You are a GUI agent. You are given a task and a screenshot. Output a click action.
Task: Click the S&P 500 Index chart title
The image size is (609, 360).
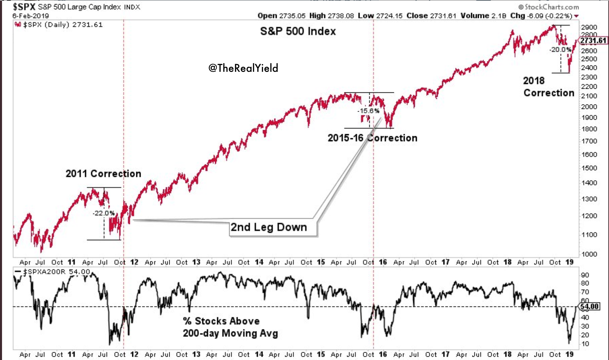pyautogui.click(x=298, y=31)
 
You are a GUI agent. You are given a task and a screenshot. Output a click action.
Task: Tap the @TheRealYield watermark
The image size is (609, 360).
pyautogui.click(x=243, y=68)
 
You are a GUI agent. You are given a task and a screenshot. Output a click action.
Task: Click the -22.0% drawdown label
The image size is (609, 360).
pyautogui.click(x=104, y=213)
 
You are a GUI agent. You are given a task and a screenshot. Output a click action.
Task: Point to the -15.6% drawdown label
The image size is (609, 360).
pyautogui.click(x=368, y=111)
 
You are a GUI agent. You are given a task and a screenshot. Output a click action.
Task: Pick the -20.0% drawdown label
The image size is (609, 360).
pyautogui.click(x=560, y=50)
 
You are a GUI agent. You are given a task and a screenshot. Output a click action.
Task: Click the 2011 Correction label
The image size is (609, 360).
pyautogui.click(x=103, y=174)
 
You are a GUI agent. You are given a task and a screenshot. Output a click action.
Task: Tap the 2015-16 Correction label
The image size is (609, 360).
pyautogui.click(x=372, y=138)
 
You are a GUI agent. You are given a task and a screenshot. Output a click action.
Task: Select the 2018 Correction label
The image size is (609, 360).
pyautogui.click(x=549, y=87)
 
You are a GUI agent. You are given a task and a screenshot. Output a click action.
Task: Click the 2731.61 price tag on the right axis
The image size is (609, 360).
pyautogui.click(x=593, y=40)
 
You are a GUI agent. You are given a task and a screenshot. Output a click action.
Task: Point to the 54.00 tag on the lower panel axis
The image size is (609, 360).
pyautogui.click(x=590, y=306)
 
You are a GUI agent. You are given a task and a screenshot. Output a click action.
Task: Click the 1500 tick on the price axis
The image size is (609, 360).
pyautogui.click(x=589, y=168)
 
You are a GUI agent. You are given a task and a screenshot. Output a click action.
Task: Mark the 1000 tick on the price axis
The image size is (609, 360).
pyautogui.click(x=589, y=254)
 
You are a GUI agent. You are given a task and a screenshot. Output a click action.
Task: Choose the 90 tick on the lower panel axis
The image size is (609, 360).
pyautogui.click(x=585, y=275)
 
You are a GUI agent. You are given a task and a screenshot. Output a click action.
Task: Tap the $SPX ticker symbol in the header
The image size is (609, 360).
pyautogui.click(x=24, y=7)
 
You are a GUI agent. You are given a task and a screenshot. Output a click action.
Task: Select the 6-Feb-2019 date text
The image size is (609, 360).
pyautogui.click(x=31, y=16)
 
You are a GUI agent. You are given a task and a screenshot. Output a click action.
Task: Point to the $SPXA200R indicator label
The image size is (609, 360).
pyautogui.click(x=45, y=272)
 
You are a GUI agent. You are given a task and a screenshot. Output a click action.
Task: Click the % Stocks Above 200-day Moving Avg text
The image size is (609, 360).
pyautogui.click(x=230, y=327)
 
